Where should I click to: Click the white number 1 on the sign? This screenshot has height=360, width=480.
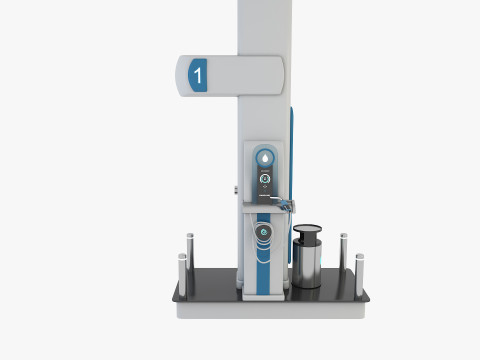pyautogui.click(x=198, y=74)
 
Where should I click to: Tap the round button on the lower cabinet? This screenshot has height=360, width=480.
pyautogui.click(x=263, y=231)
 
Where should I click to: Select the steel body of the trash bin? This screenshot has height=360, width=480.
pyautogui.click(x=307, y=266)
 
